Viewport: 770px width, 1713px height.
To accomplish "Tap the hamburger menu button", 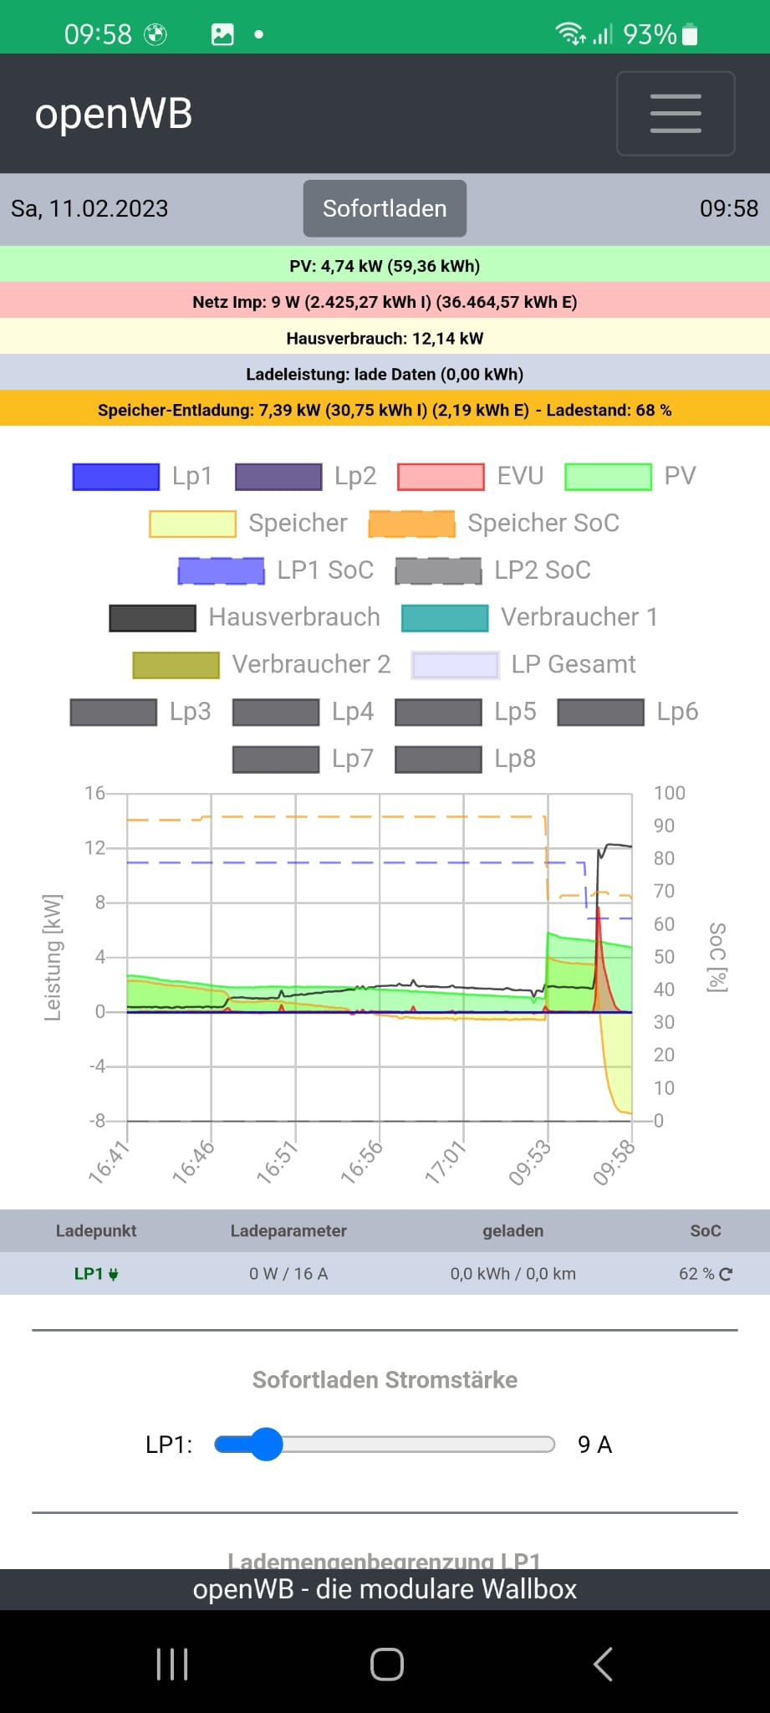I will coord(676,114).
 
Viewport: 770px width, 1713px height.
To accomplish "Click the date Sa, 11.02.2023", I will coord(89,208).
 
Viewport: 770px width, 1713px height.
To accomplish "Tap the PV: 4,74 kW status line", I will coord(385,266).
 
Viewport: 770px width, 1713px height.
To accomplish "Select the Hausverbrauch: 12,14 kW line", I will coord(385,338).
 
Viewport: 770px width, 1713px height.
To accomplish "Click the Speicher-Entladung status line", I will coord(385,410).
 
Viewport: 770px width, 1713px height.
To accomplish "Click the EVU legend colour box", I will coord(441,476).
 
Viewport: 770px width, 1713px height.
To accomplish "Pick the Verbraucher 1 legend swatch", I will coord(445,617).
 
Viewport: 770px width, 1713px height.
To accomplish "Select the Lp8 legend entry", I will coord(514,759).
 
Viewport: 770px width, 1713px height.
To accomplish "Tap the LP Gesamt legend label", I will coord(573,664).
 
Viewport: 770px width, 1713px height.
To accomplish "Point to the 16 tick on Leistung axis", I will coord(94,793).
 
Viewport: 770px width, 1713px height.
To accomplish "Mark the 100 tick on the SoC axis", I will coord(669,793).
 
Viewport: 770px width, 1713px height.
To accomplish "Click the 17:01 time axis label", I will coord(446,1163).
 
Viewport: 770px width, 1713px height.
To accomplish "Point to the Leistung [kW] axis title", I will coord(53,958).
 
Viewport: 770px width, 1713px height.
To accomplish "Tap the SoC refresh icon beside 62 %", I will coord(726,1274).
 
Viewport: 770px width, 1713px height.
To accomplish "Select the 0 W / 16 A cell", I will coord(288,1274).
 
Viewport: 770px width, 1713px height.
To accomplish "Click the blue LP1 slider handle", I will coord(267,1445).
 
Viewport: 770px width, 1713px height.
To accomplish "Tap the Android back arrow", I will coord(603,1664).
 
